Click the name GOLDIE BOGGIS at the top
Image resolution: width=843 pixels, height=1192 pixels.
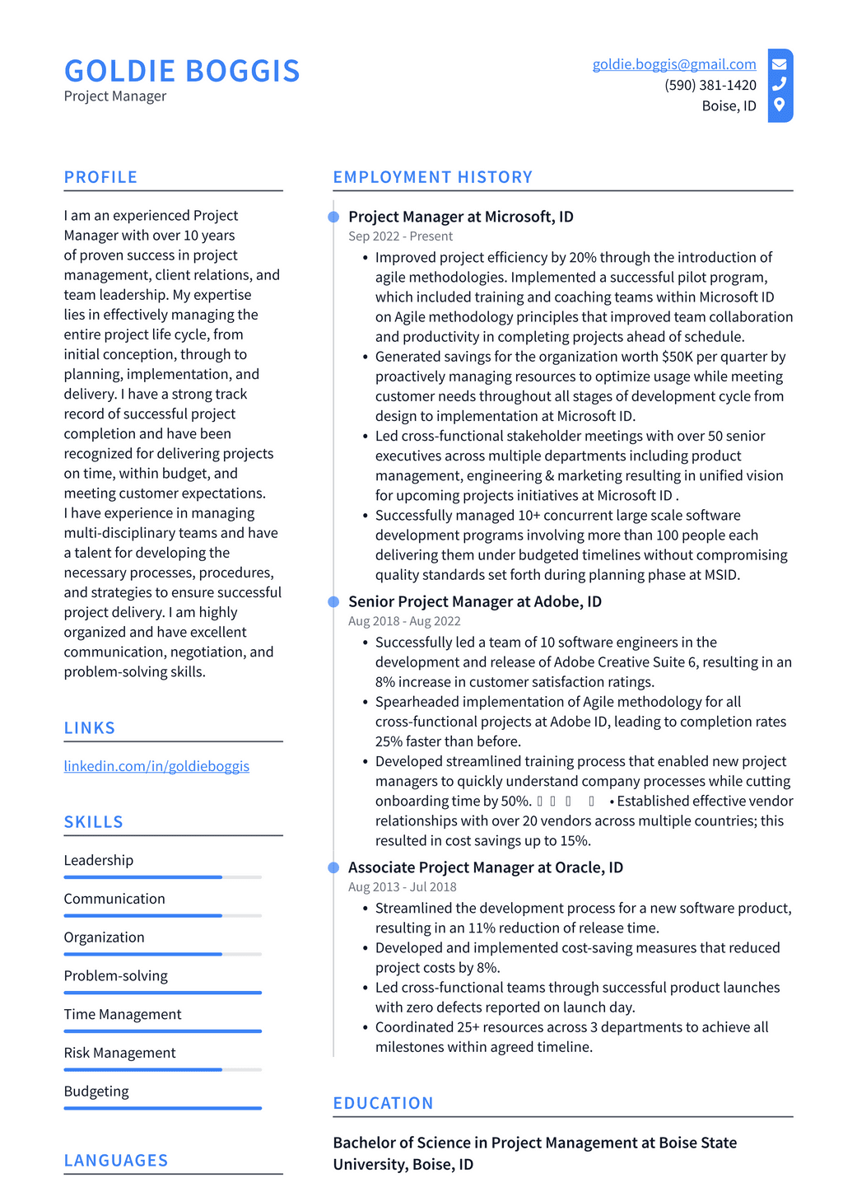point(182,71)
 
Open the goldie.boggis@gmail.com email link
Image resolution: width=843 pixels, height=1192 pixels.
point(674,64)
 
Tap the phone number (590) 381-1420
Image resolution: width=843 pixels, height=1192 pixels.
point(710,85)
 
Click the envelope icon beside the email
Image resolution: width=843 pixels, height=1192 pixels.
point(780,64)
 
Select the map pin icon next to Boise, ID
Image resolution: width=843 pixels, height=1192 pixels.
point(780,105)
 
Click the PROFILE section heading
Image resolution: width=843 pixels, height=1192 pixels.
point(100,177)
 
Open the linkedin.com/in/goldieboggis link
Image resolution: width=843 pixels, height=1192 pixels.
point(156,766)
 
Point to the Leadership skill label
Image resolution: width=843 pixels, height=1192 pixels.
point(99,860)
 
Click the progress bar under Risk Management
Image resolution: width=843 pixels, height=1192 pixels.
point(162,1069)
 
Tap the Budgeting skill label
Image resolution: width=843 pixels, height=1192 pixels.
point(96,1091)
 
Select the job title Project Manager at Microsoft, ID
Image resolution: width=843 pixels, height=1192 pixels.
point(460,217)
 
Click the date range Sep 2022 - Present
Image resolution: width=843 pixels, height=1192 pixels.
point(400,236)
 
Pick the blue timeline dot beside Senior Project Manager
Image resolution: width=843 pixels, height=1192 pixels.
point(333,602)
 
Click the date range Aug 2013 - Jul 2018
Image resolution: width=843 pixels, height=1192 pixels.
point(402,887)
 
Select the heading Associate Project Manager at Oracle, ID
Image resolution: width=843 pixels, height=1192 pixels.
point(485,867)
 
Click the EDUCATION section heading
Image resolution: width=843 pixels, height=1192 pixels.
point(383,1103)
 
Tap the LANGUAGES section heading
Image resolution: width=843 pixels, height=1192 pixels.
point(116,1161)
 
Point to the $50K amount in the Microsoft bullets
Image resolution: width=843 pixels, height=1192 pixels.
point(677,357)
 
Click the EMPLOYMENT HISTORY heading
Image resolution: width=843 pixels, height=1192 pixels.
point(432,177)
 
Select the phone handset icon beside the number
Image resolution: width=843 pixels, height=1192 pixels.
point(780,84)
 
